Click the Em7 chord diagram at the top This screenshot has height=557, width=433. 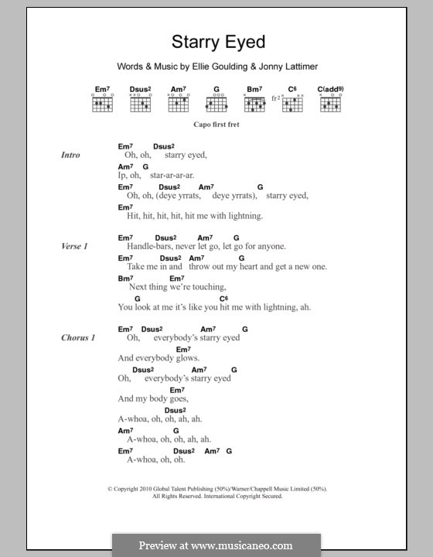tap(103, 102)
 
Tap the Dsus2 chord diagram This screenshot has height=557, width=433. tap(141, 102)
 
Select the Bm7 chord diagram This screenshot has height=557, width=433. tap(255, 102)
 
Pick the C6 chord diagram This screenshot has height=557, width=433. tap(292, 102)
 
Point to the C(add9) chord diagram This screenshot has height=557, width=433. tap(330, 102)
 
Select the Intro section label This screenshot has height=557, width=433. tap(70, 155)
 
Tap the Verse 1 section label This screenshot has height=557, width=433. tap(75, 246)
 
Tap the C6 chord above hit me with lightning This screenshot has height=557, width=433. tap(223, 298)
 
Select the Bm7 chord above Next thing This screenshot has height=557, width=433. tap(125, 278)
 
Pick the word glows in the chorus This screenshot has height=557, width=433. tap(188, 358)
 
